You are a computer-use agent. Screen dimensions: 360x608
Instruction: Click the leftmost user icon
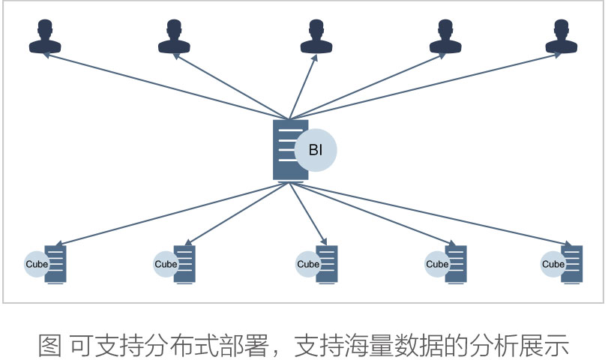point(45,37)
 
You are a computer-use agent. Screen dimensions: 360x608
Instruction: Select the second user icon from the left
point(174,37)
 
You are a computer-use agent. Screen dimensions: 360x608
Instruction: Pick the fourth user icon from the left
point(445,37)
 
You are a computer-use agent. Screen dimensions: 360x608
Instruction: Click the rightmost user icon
point(561,37)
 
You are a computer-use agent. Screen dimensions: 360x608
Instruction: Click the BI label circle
point(316,150)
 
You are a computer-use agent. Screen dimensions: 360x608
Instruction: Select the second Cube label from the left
point(166,264)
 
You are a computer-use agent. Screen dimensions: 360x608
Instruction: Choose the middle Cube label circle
point(308,264)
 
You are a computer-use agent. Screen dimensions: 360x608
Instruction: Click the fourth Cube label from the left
point(437,264)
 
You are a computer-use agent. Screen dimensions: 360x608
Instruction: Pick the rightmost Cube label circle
point(553,264)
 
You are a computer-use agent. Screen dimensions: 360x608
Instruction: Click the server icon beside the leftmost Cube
point(56,264)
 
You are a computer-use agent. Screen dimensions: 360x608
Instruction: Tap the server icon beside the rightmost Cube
point(573,264)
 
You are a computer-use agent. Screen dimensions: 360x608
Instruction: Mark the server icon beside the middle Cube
point(328,264)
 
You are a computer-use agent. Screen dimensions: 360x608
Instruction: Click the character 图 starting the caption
point(50,345)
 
